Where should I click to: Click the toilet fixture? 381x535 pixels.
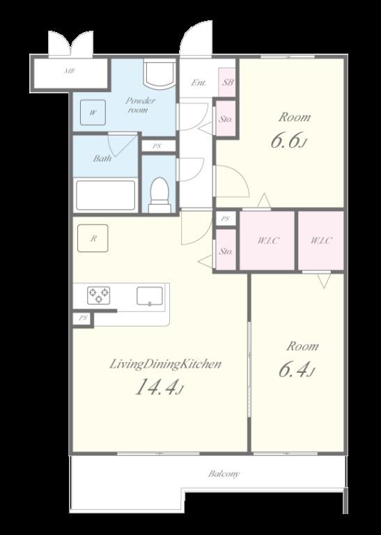[160, 195]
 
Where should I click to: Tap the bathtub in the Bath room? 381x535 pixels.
[105, 195]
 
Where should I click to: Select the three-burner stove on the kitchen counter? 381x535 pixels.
[99, 295]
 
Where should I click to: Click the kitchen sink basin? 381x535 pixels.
[150, 296]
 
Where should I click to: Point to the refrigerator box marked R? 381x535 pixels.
[93, 238]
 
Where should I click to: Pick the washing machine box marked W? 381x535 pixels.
[93, 112]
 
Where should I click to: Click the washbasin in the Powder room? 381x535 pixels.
[160, 73]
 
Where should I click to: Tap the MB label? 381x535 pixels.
[69, 71]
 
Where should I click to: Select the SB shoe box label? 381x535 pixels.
[228, 82]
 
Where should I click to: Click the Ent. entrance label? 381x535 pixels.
[199, 82]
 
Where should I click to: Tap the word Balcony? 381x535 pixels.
[224, 474]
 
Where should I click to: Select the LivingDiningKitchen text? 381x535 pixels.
[166, 364]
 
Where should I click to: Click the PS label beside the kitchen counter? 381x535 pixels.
[83, 318]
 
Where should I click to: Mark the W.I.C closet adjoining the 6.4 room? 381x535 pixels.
[321, 240]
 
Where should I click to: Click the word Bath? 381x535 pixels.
[102, 158]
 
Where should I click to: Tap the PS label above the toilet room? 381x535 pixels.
[157, 146]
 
